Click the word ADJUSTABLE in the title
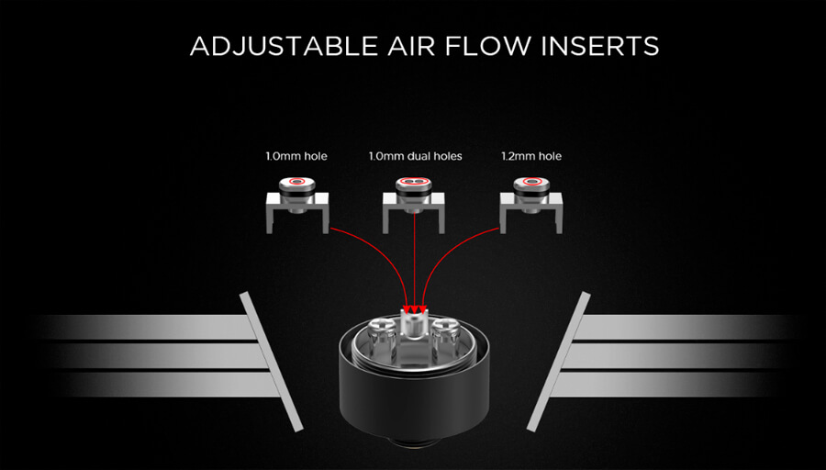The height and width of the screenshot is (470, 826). pyautogui.click(x=284, y=46)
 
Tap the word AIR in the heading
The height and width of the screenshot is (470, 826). pyautogui.click(x=412, y=46)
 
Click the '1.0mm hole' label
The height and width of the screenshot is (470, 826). pyautogui.click(x=296, y=156)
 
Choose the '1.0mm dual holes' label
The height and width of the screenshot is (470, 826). pyautogui.click(x=415, y=156)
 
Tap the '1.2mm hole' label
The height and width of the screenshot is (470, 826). pyautogui.click(x=531, y=156)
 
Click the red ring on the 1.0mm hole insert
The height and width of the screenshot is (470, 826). pyautogui.click(x=297, y=181)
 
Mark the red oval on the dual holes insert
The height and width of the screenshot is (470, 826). pyautogui.click(x=414, y=182)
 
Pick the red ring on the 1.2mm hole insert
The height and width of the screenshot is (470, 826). pyautogui.click(x=531, y=182)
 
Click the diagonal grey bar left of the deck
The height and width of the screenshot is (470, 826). pyautogui.click(x=271, y=362)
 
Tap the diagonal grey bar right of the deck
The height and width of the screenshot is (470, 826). pyautogui.click(x=558, y=362)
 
